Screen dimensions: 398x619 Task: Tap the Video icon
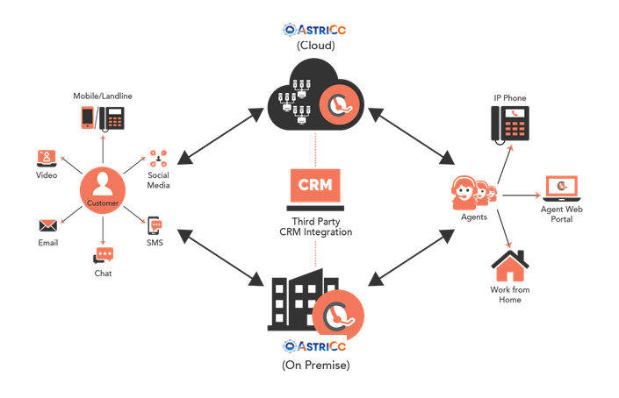(47, 158)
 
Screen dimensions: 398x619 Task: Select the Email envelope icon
(47, 225)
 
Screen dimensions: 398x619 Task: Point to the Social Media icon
(159, 159)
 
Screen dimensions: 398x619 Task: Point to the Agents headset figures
(474, 190)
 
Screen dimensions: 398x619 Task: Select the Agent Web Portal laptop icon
(561, 186)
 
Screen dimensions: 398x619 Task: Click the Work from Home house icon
(508, 266)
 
